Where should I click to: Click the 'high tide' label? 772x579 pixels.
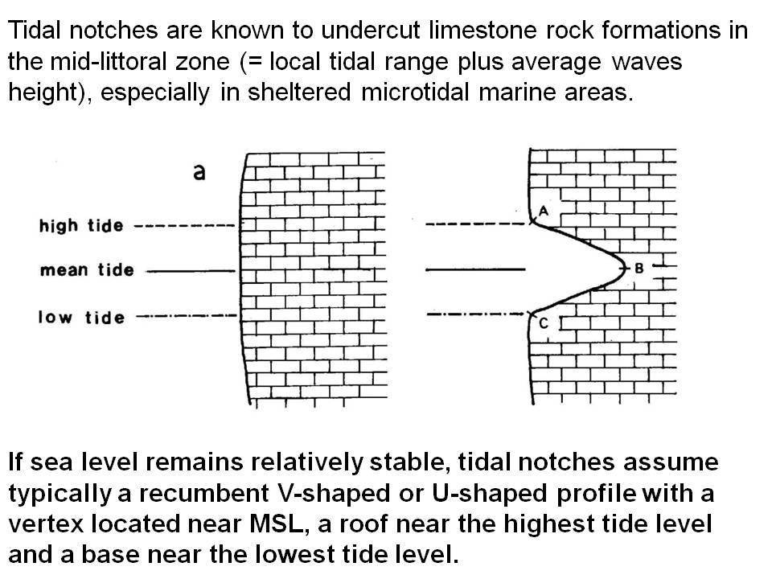81,225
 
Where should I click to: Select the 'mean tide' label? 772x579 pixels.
87,270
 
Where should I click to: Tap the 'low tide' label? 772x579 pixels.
82,317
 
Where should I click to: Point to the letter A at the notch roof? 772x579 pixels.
544,211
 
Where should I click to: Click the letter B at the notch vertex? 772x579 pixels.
639,269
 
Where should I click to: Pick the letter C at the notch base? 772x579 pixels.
544,323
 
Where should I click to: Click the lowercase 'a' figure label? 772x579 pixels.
199,172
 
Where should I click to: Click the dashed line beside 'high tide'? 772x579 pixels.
185,226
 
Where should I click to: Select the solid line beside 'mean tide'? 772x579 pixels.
191,271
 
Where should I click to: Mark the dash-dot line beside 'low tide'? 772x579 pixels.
187,315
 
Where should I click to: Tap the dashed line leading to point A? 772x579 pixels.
475,224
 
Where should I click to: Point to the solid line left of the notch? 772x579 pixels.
475,269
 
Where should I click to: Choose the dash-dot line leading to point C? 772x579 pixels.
475,314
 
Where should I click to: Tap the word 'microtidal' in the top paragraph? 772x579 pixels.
415,92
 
